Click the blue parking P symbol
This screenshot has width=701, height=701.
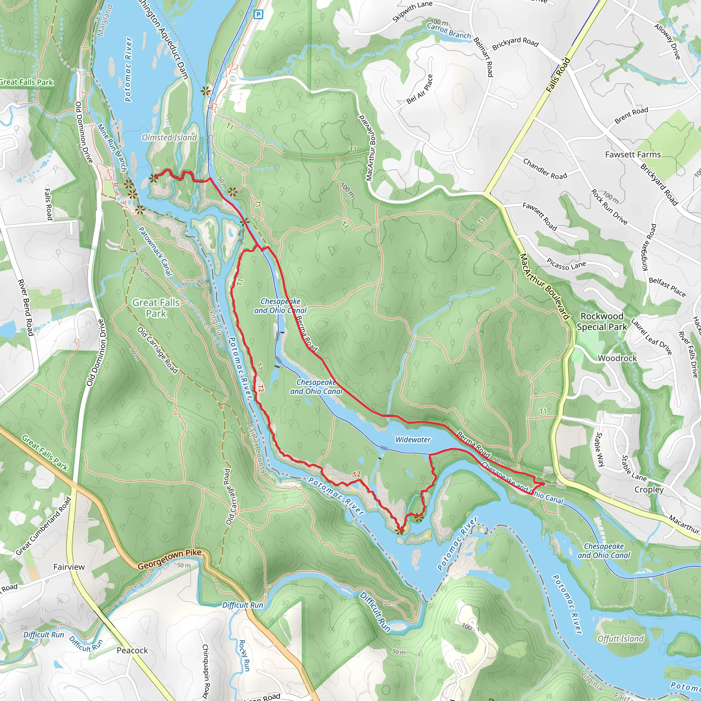tap(258, 14)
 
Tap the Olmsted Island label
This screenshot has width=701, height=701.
tap(169, 138)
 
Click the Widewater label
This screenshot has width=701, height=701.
tap(413, 439)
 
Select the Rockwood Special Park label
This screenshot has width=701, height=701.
tap(602, 321)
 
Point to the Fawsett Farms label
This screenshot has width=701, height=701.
tap(633, 155)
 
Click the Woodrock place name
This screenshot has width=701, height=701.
tap(617, 358)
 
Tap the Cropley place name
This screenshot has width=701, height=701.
tap(649, 489)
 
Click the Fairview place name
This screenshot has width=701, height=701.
tap(69, 567)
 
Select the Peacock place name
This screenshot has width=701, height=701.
tap(132, 650)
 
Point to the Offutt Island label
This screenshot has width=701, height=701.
tap(621, 639)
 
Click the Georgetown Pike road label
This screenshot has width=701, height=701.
tap(169, 559)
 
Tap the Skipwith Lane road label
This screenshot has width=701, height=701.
tap(412, 12)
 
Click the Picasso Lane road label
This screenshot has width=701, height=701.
tap(566, 265)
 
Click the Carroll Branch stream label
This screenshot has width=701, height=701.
tap(449, 31)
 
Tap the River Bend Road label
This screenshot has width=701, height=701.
tap(26, 307)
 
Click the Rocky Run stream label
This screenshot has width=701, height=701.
tap(244, 655)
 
